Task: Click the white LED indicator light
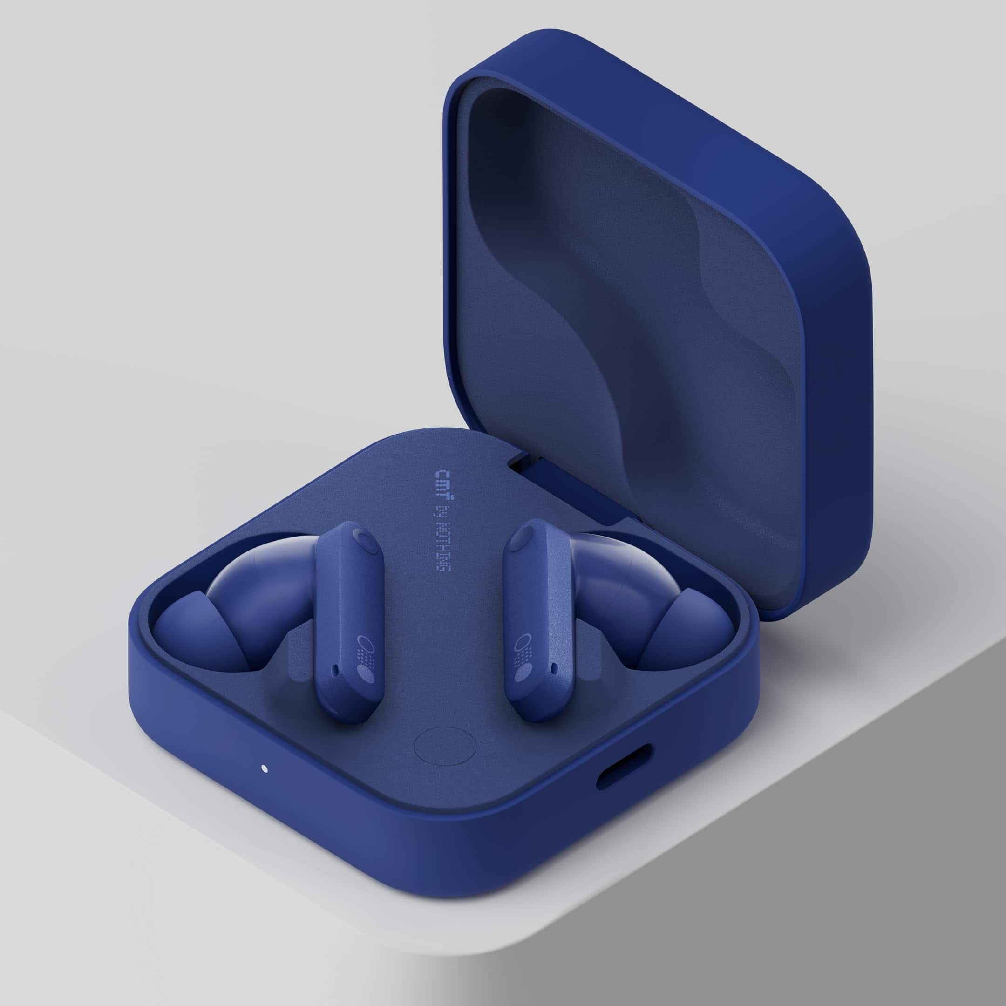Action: coord(264,768)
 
